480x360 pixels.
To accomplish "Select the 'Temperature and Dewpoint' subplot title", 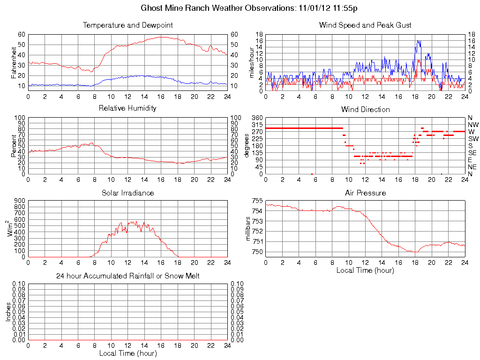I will point(127,25).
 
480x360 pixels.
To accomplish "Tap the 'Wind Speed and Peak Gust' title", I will point(365,25).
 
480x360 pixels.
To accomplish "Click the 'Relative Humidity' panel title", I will point(127,108).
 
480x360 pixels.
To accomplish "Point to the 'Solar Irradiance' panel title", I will point(127,193).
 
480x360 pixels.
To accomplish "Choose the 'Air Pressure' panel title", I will point(365,193).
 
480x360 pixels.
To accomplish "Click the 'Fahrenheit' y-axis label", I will point(14,61).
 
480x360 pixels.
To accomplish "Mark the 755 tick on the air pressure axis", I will point(257,201).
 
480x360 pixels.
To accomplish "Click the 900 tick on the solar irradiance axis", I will point(19,201).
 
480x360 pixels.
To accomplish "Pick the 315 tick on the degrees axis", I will point(257,125).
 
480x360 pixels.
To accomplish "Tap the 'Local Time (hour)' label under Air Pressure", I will point(365,270).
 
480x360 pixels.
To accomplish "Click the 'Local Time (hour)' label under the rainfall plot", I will point(127,353).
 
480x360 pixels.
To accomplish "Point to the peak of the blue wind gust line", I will point(417,41).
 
